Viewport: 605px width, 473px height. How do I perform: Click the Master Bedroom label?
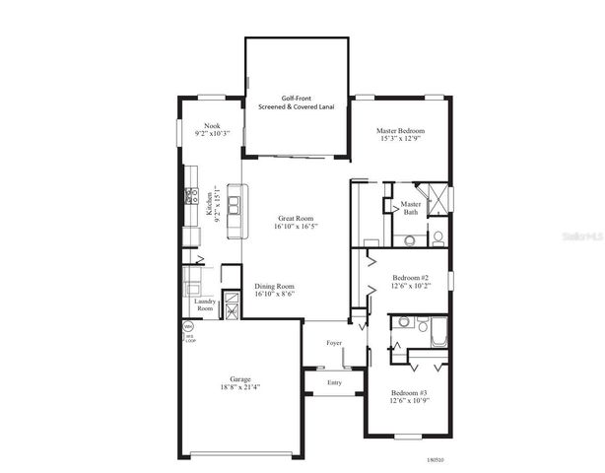(400, 130)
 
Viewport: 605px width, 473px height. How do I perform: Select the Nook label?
(211, 125)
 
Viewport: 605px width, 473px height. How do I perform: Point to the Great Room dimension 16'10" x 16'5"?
(296, 226)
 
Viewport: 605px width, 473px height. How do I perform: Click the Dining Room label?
(275, 285)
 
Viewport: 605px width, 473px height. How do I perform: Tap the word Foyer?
(335, 343)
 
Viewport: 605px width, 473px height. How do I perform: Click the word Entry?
(335, 381)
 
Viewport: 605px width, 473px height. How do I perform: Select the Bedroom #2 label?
(411, 278)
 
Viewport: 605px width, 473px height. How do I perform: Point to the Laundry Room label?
(204, 304)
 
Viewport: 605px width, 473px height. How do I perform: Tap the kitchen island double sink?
(235, 206)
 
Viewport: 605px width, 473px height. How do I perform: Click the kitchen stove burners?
(190, 196)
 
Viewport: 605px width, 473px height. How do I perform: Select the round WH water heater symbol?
(187, 326)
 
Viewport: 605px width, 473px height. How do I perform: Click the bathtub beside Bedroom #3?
(439, 335)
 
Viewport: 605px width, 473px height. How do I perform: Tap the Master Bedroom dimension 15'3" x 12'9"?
(400, 139)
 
